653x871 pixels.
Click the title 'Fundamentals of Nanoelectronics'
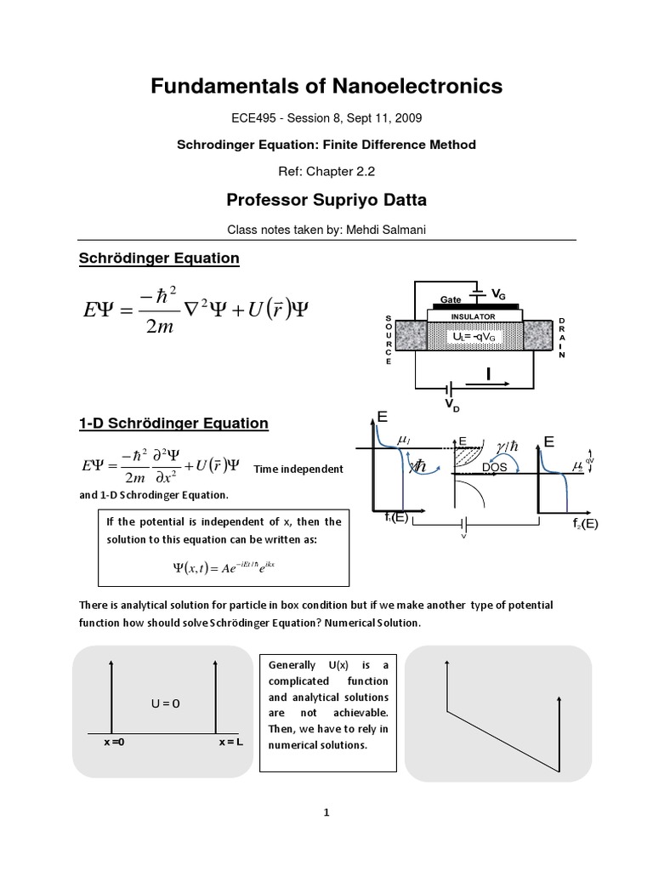[x=326, y=86]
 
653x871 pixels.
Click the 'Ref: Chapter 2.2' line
[x=326, y=171]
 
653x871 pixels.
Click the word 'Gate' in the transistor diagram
[x=450, y=299]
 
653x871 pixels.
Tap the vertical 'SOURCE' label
[x=389, y=339]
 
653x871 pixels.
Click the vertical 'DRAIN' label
[x=561, y=339]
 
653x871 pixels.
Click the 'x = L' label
[x=230, y=743]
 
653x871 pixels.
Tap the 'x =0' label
[x=114, y=743]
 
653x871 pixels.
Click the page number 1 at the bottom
[x=326, y=812]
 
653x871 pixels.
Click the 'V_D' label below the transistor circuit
[x=449, y=405]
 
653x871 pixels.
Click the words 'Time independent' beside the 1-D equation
[x=298, y=469]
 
